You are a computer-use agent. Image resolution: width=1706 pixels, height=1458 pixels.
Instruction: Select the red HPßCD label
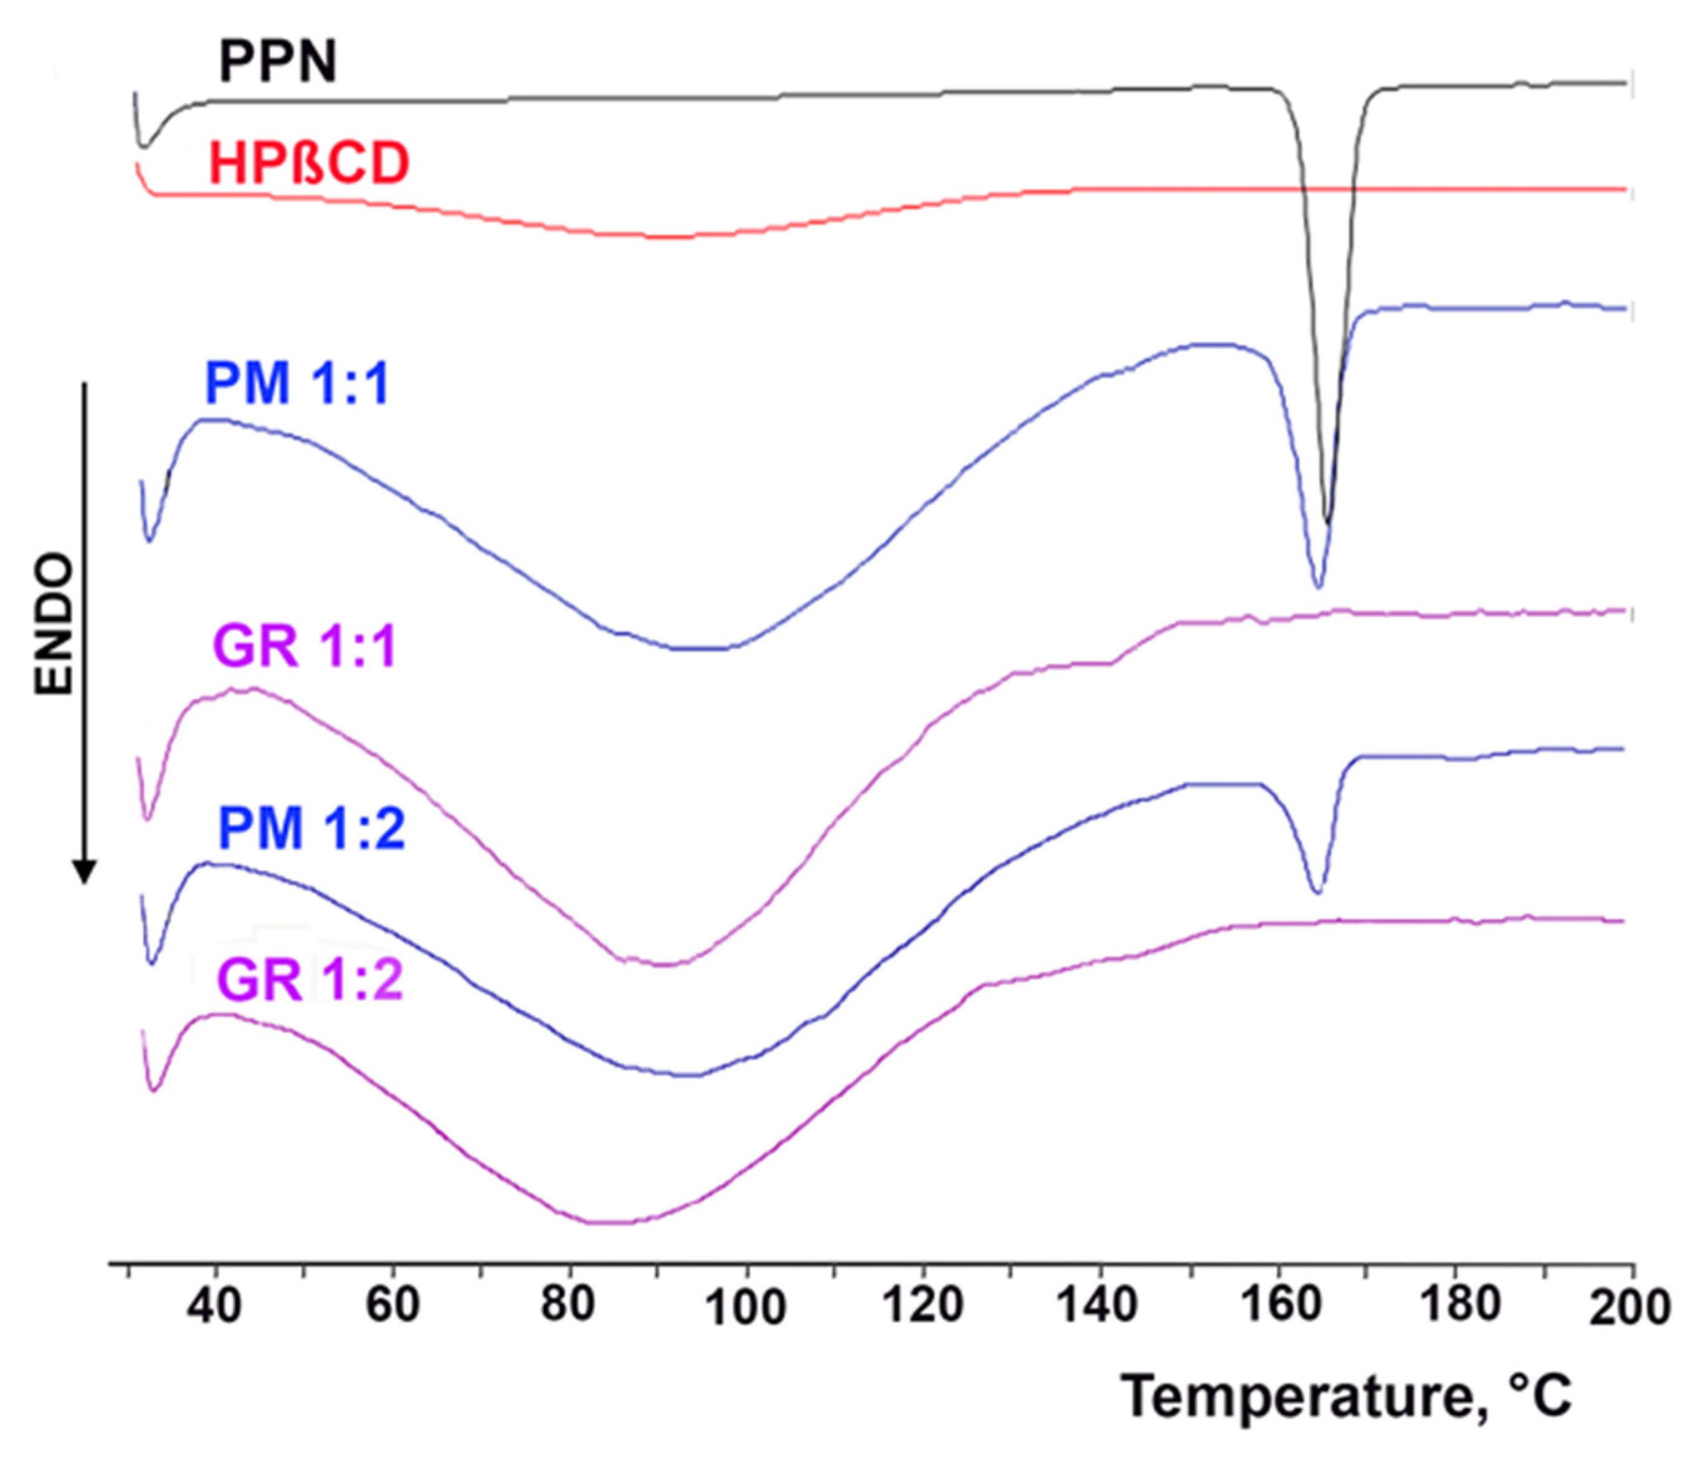point(309,163)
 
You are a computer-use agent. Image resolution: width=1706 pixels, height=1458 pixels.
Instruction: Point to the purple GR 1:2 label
point(310,980)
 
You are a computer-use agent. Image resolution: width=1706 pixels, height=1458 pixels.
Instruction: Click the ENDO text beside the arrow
point(54,624)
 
